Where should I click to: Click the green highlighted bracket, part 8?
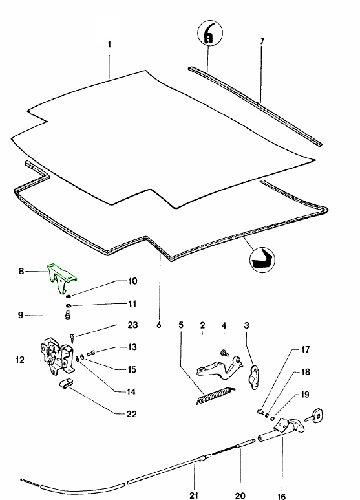tap(61, 277)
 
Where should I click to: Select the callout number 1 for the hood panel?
tap(110, 44)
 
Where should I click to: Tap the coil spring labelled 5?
tap(216, 396)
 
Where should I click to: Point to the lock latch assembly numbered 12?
tap(57, 356)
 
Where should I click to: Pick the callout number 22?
tap(131, 414)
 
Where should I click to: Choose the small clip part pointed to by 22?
tap(66, 384)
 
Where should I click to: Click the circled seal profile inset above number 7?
tap(209, 33)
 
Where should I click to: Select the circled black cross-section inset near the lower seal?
tap(262, 259)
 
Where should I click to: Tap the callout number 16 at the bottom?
tap(281, 496)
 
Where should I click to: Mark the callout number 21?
tap(194, 495)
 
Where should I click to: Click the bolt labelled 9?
tap(67, 316)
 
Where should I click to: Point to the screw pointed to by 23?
tap(72, 338)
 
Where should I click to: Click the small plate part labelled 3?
tap(254, 378)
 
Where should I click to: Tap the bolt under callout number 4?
tap(225, 353)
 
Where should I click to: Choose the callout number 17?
tap(306, 349)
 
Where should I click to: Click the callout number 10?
tap(132, 281)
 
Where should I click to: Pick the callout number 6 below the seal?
tap(159, 325)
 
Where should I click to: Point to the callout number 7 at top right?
tap(262, 41)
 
